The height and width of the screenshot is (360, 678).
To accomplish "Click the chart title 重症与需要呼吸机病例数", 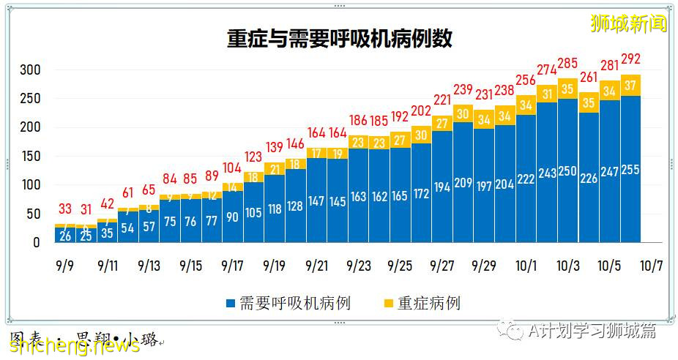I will (339, 39).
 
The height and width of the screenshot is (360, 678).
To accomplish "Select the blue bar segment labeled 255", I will (631, 170).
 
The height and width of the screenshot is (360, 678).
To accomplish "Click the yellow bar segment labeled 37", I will (631, 86).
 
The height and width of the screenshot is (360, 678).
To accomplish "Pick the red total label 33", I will (65, 208).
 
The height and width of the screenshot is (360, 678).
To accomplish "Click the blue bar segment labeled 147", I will (317, 200).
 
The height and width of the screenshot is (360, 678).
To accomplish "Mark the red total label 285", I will (568, 63).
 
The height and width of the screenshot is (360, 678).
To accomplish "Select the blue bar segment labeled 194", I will (442, 187).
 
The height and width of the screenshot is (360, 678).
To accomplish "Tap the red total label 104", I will (233, 168).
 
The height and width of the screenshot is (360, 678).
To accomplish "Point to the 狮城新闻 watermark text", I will (629, 23).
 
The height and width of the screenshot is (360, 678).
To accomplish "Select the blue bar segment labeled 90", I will (233, 217).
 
